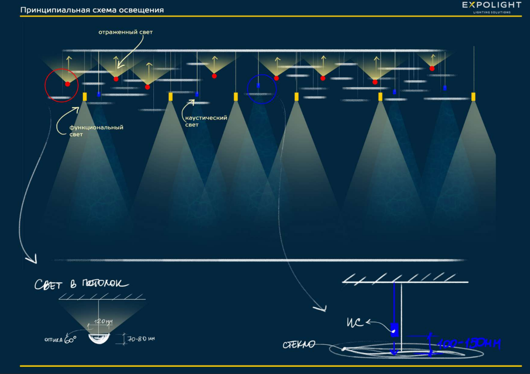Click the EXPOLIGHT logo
492,5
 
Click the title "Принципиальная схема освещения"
92,10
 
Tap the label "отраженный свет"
125,32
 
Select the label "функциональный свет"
96,131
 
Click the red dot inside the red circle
67,84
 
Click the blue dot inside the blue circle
258,85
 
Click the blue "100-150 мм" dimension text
468,344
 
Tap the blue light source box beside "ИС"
394,330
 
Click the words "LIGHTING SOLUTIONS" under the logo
492,13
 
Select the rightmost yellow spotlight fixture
473,97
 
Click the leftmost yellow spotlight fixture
85,97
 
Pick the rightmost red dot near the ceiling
432,68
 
